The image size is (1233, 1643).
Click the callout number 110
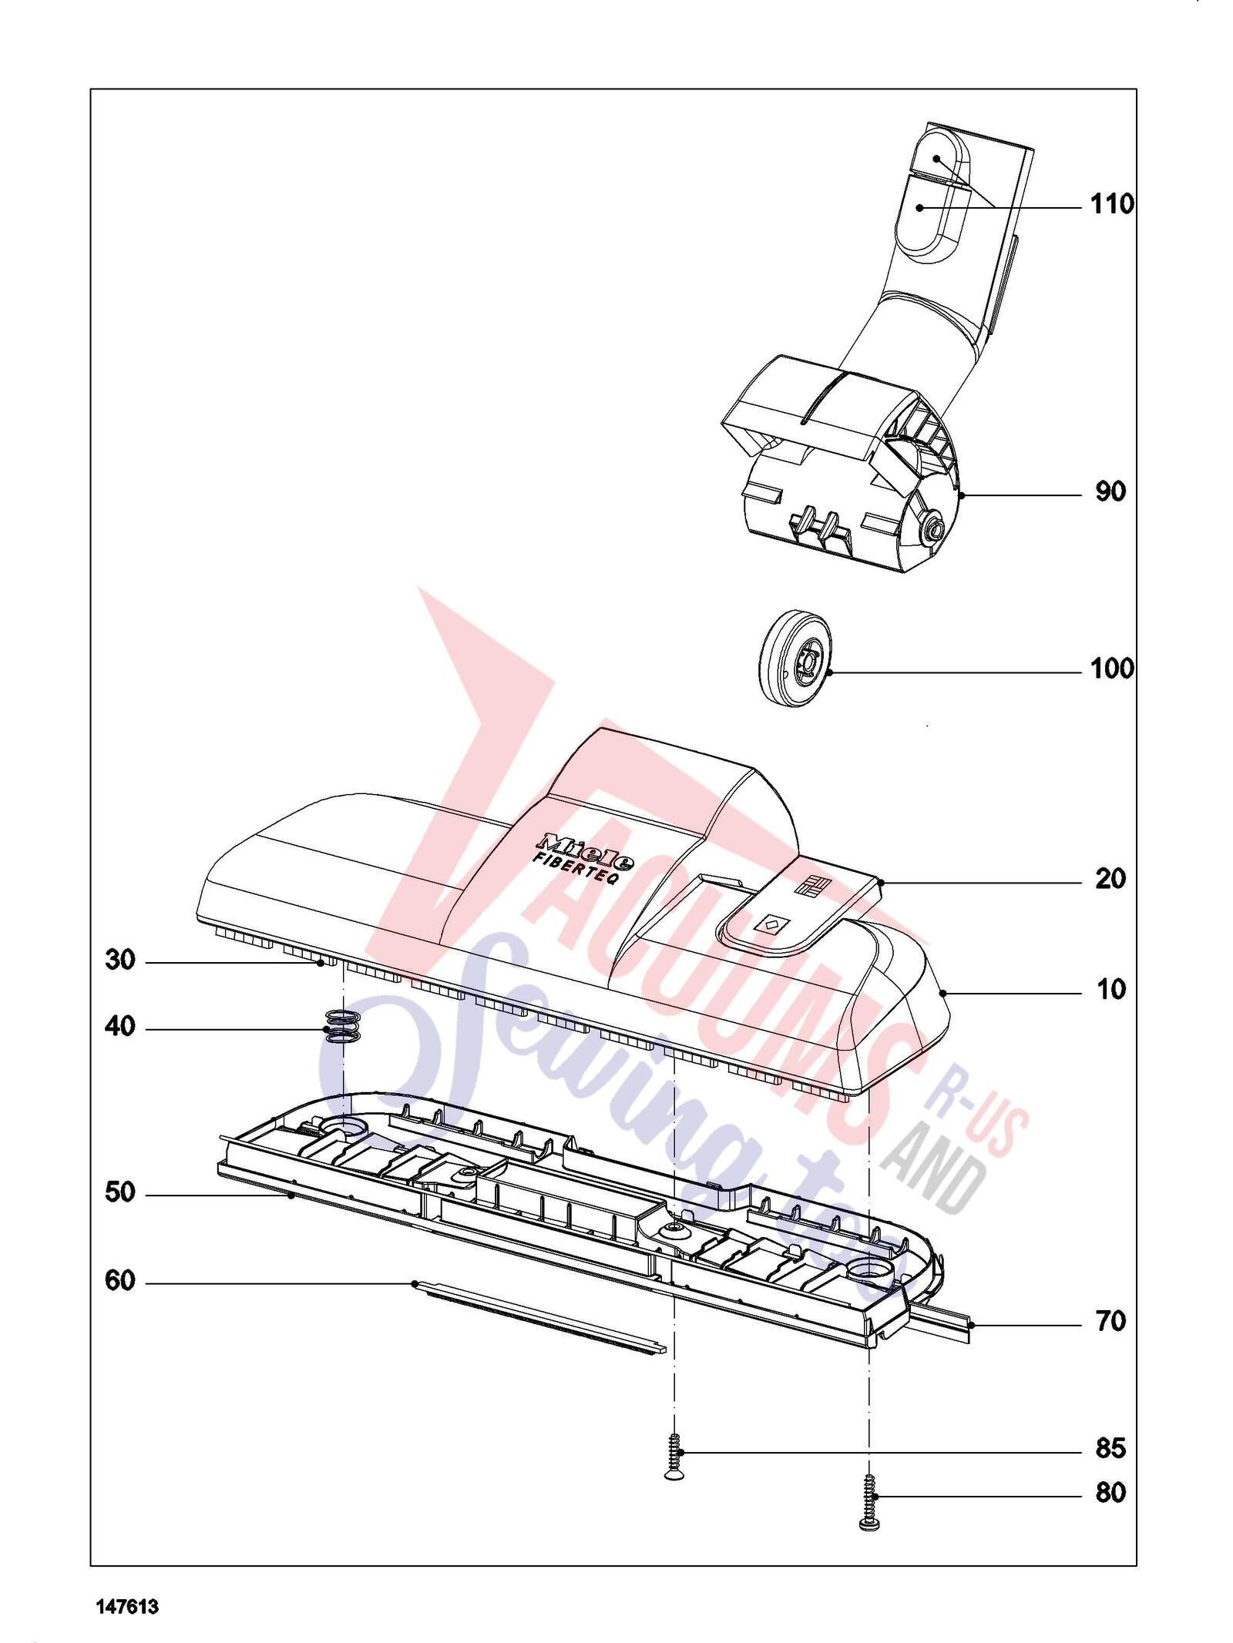tap(1112, 204)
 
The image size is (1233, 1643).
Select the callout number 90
tap(1110, 491)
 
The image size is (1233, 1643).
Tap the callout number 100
tap(1112, 669)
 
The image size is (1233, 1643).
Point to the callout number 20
tap(1110, 879)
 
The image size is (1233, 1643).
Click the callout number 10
tap(1110, 990)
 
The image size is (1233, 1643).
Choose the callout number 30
tap(120, 961)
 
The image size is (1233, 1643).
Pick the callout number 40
tap(120, 1027)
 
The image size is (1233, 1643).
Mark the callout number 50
tap(120, 1193)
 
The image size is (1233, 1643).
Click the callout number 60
tap(120, 1281)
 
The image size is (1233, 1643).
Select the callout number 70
tap(1110, 1322)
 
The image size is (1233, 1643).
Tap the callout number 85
tap(1110, 1449)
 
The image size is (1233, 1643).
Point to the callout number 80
tap(1110, 1493)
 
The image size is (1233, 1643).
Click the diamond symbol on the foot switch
tap(772, 923)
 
